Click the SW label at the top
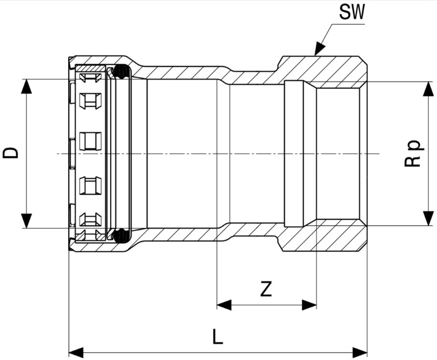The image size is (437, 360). tap(352, 12)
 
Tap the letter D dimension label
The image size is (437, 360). tap(11, 153)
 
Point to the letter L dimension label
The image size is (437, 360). tap(218, 336)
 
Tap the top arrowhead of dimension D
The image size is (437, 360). tap(26, 86)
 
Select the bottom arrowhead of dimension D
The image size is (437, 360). tap(26, 221)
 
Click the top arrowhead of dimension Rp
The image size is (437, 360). tap(428, 89)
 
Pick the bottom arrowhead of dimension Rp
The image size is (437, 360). tap(428, 218)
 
